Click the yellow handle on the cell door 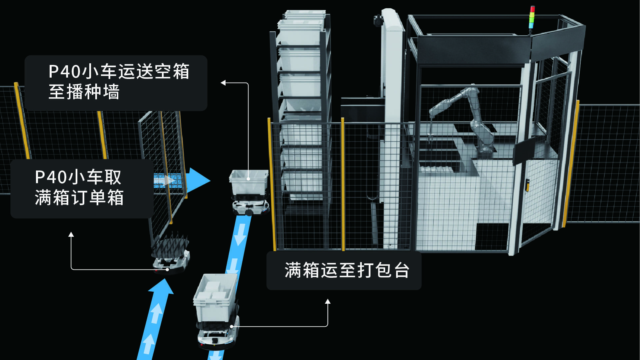pyautogui.click(x=527, y=185)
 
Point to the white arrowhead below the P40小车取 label pyautogui.click(x=71, y=234)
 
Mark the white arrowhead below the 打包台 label pyautogui.click(x=328, y=301)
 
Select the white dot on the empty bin pyautogui.click(x=248, y=179)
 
